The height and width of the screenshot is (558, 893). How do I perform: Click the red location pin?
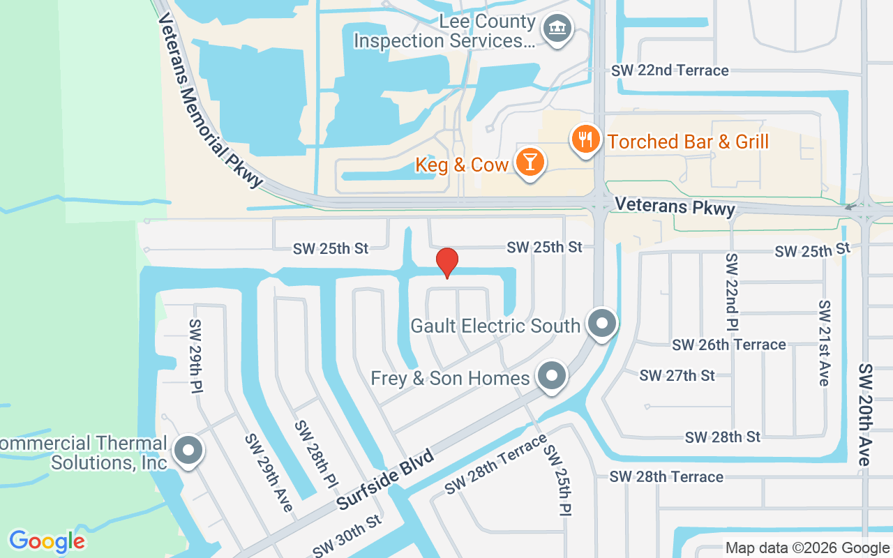446,263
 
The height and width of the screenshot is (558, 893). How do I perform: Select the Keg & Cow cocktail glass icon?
530,163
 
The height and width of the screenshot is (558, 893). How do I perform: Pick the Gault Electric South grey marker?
601,324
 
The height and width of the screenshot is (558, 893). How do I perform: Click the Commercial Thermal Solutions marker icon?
187,451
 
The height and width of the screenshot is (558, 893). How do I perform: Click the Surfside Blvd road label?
384,480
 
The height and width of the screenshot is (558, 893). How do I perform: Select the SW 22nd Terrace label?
670,70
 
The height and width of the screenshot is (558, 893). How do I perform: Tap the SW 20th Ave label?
865,414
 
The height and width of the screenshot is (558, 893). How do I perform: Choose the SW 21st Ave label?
825,343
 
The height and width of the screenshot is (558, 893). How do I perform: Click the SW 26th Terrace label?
729,345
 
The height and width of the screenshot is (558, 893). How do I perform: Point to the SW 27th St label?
677,375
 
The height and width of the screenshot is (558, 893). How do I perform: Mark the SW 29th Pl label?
195,356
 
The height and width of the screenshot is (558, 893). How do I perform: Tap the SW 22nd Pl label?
732,292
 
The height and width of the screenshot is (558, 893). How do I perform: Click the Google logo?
47,541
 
